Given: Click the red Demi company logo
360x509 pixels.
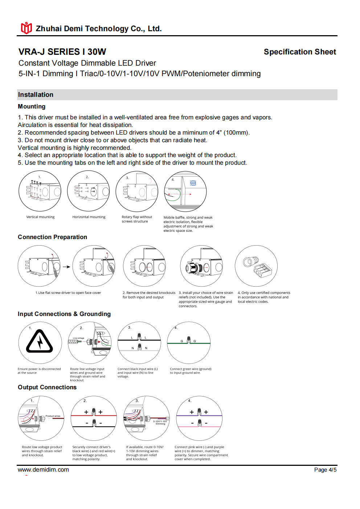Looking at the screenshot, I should pos(26,28).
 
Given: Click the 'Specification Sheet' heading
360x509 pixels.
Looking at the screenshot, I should pos(300,52).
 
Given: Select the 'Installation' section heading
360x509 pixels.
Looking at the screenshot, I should pos(36,95).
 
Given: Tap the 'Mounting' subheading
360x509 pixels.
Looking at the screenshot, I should pos(32,106).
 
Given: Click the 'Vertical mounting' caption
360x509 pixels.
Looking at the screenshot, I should pos(40,217).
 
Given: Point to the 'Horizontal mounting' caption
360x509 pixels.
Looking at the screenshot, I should pos(89,217).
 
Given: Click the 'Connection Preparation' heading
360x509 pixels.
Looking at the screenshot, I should pos(52,237).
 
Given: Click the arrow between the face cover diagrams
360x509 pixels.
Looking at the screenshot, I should pos(66,267).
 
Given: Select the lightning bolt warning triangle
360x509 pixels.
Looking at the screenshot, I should pos(40,341).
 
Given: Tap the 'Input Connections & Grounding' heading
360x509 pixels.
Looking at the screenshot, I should pos(64,314).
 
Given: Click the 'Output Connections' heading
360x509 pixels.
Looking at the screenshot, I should pos(47,387).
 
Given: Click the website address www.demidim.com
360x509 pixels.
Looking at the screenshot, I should pos(43,469).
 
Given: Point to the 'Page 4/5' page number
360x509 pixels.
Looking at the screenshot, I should pos(325,470).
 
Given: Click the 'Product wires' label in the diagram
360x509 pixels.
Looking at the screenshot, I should pos(53,416).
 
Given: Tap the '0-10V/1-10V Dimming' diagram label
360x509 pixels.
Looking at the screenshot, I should pos(160,423).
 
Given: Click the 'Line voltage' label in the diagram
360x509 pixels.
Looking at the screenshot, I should pos(78,338).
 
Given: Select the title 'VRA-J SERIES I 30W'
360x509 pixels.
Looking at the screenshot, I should pos(62,52).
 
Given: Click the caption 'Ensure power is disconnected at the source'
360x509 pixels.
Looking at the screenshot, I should pos(39,371).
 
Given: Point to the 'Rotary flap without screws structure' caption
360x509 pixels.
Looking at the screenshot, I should pos(137,219).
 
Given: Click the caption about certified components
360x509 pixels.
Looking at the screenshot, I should pos(264,297).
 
